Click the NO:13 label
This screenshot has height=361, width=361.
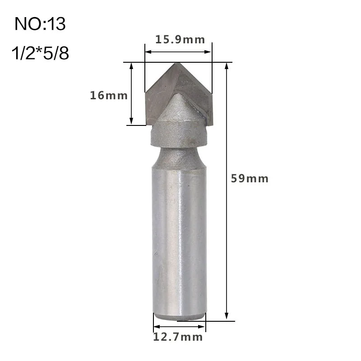[x=40, y=24]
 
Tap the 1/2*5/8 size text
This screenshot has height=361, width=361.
[x=40, y=54]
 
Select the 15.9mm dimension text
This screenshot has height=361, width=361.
[x=180, y=39]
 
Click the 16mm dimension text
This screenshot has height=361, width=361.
[x=109, y=95]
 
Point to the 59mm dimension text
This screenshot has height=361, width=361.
[x=250, y=178]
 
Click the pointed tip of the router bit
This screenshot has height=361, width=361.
[x=178, y=64]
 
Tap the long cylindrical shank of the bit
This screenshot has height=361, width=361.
[x=179, y=239]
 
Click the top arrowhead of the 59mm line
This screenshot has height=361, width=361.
[x=227, y=65]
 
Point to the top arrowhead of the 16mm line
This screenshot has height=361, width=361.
[x=131, y=65]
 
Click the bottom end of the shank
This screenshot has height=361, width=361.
[x=179, y=316]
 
